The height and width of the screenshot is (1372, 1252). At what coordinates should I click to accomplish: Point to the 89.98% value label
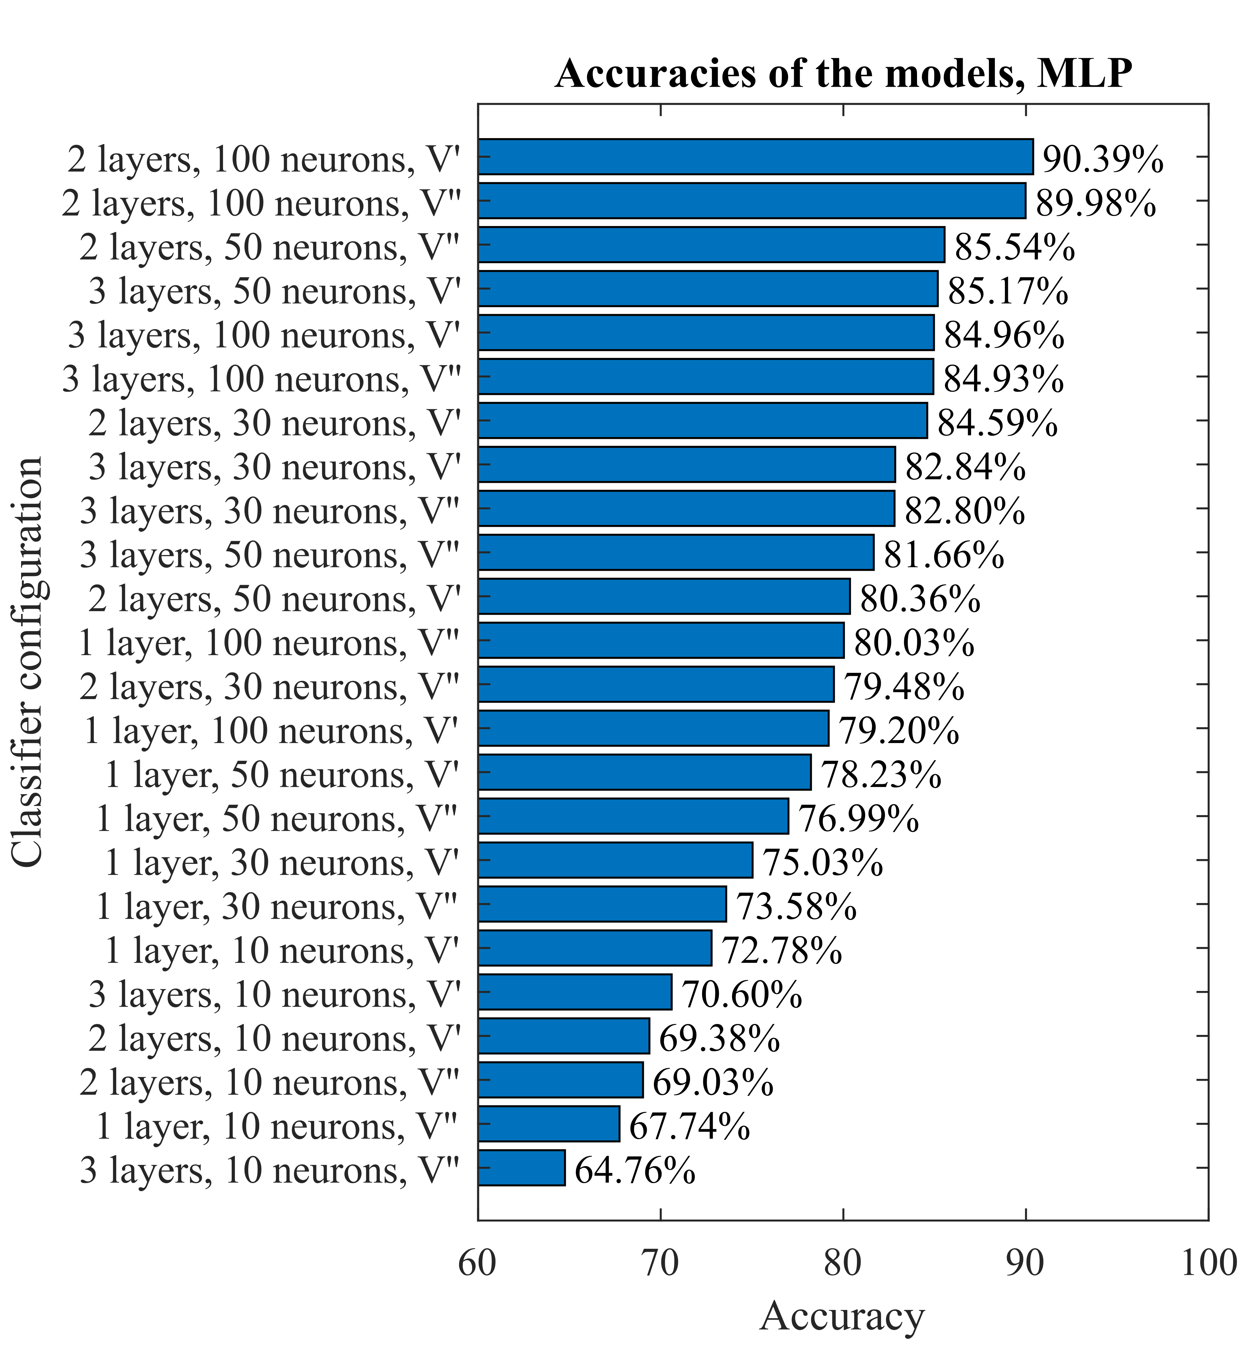[1095, 203]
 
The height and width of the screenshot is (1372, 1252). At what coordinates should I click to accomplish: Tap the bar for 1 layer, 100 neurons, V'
[653, 728]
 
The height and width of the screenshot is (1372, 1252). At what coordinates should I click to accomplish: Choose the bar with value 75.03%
[615, 860]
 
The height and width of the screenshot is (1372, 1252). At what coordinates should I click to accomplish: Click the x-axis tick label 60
[478, 1264]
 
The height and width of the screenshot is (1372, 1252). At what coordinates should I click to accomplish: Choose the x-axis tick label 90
[1025, 1264]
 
